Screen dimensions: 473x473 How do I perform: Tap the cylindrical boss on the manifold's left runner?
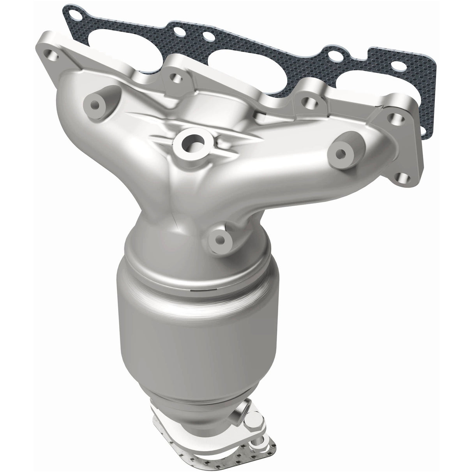click(x=95, y=104)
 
